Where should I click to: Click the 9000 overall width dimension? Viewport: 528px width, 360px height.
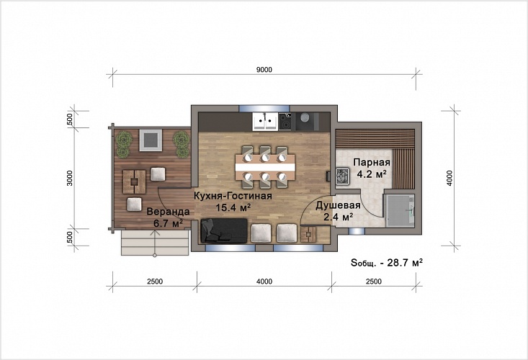[x=264, y=70]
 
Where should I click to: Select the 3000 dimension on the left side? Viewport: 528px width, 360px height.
[x=70, y=179]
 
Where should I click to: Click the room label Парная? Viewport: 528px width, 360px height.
[x=372, y=163]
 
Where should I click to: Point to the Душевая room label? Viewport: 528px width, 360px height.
[x=338, y=205]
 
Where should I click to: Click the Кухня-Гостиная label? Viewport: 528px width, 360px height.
[x=233, y=196]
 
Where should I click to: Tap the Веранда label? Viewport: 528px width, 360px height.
[x=168, y=212]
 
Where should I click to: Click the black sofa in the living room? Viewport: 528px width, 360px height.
[x=224, y=230]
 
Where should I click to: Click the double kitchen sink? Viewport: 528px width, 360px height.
[x=265, y=122]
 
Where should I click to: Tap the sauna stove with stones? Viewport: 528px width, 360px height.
[x=343, y=176]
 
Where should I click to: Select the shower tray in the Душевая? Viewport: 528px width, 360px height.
[x=399, y=210]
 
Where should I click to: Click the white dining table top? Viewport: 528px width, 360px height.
[x=265, y=167]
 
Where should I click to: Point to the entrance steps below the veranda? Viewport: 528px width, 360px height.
[x=155, y=242]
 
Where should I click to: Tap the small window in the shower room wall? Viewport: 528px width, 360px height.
[x=357, y=231]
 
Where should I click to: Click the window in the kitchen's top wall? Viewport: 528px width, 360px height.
[x=264, y=108]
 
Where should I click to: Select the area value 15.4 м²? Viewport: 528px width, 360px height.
[x=233, y=207]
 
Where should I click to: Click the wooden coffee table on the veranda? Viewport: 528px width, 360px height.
[x=135, y=181]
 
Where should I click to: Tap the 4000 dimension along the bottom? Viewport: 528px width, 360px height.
[x=264, y=282]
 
